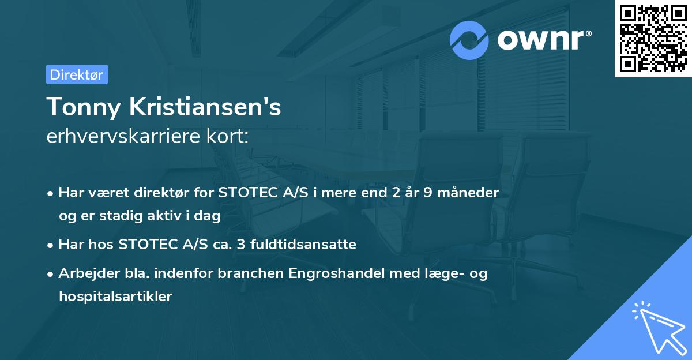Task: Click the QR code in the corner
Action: coord(653,39)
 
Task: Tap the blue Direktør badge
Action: coord(77,74)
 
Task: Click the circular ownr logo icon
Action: coord(469,40)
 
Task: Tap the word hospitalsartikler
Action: coord(115,297)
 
